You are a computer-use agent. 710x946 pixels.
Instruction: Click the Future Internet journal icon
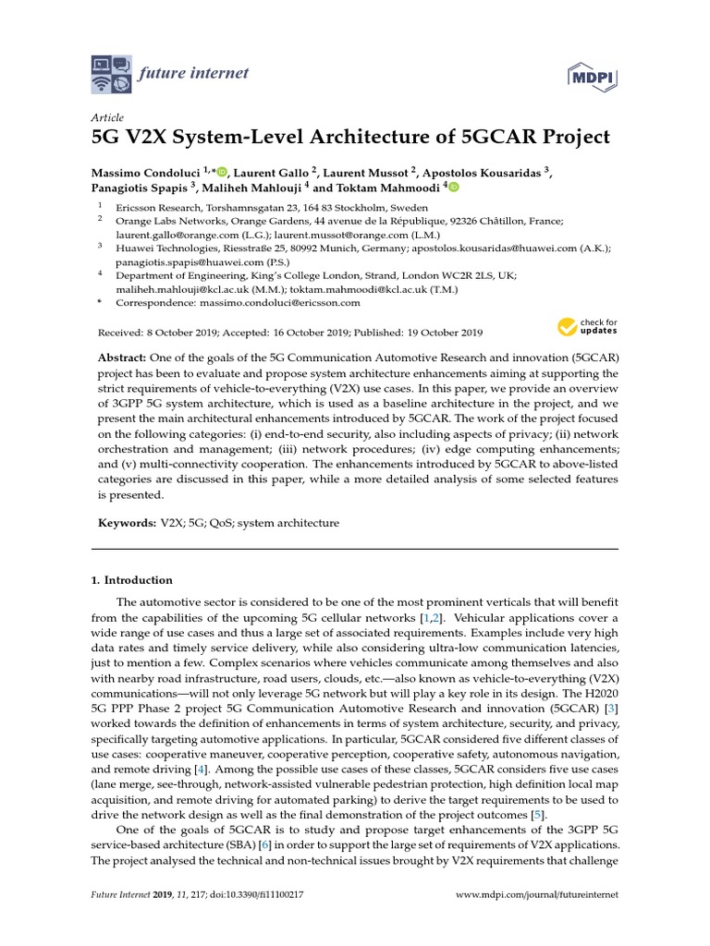[113, 74]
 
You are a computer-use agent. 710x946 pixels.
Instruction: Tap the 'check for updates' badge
[587, 326]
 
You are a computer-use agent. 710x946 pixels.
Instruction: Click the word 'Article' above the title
[107, 118]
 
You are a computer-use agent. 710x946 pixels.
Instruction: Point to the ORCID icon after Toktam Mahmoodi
[453, 186]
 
